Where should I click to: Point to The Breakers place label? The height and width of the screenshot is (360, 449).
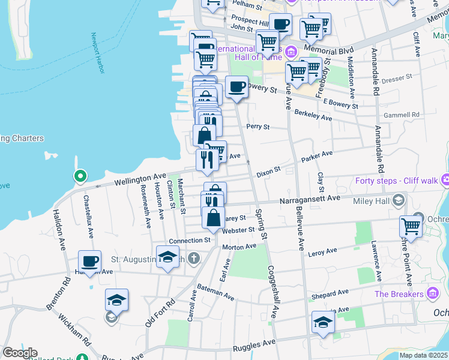coord(399,293)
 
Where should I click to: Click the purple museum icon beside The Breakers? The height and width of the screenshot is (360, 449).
coord(433,293)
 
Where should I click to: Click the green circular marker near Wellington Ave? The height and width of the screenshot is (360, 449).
coord(79,176)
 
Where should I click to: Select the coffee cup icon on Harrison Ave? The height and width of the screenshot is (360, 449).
coord(90,262)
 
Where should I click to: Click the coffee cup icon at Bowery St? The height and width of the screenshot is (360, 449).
coord(237,86)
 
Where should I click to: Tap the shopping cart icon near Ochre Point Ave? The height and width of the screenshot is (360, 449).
coord(411,227)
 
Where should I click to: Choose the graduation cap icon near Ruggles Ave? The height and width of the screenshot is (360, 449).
coord(323,322)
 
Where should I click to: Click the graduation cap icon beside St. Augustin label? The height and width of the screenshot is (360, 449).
coord(167,257)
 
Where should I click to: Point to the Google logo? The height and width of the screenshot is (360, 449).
coord(20,353)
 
